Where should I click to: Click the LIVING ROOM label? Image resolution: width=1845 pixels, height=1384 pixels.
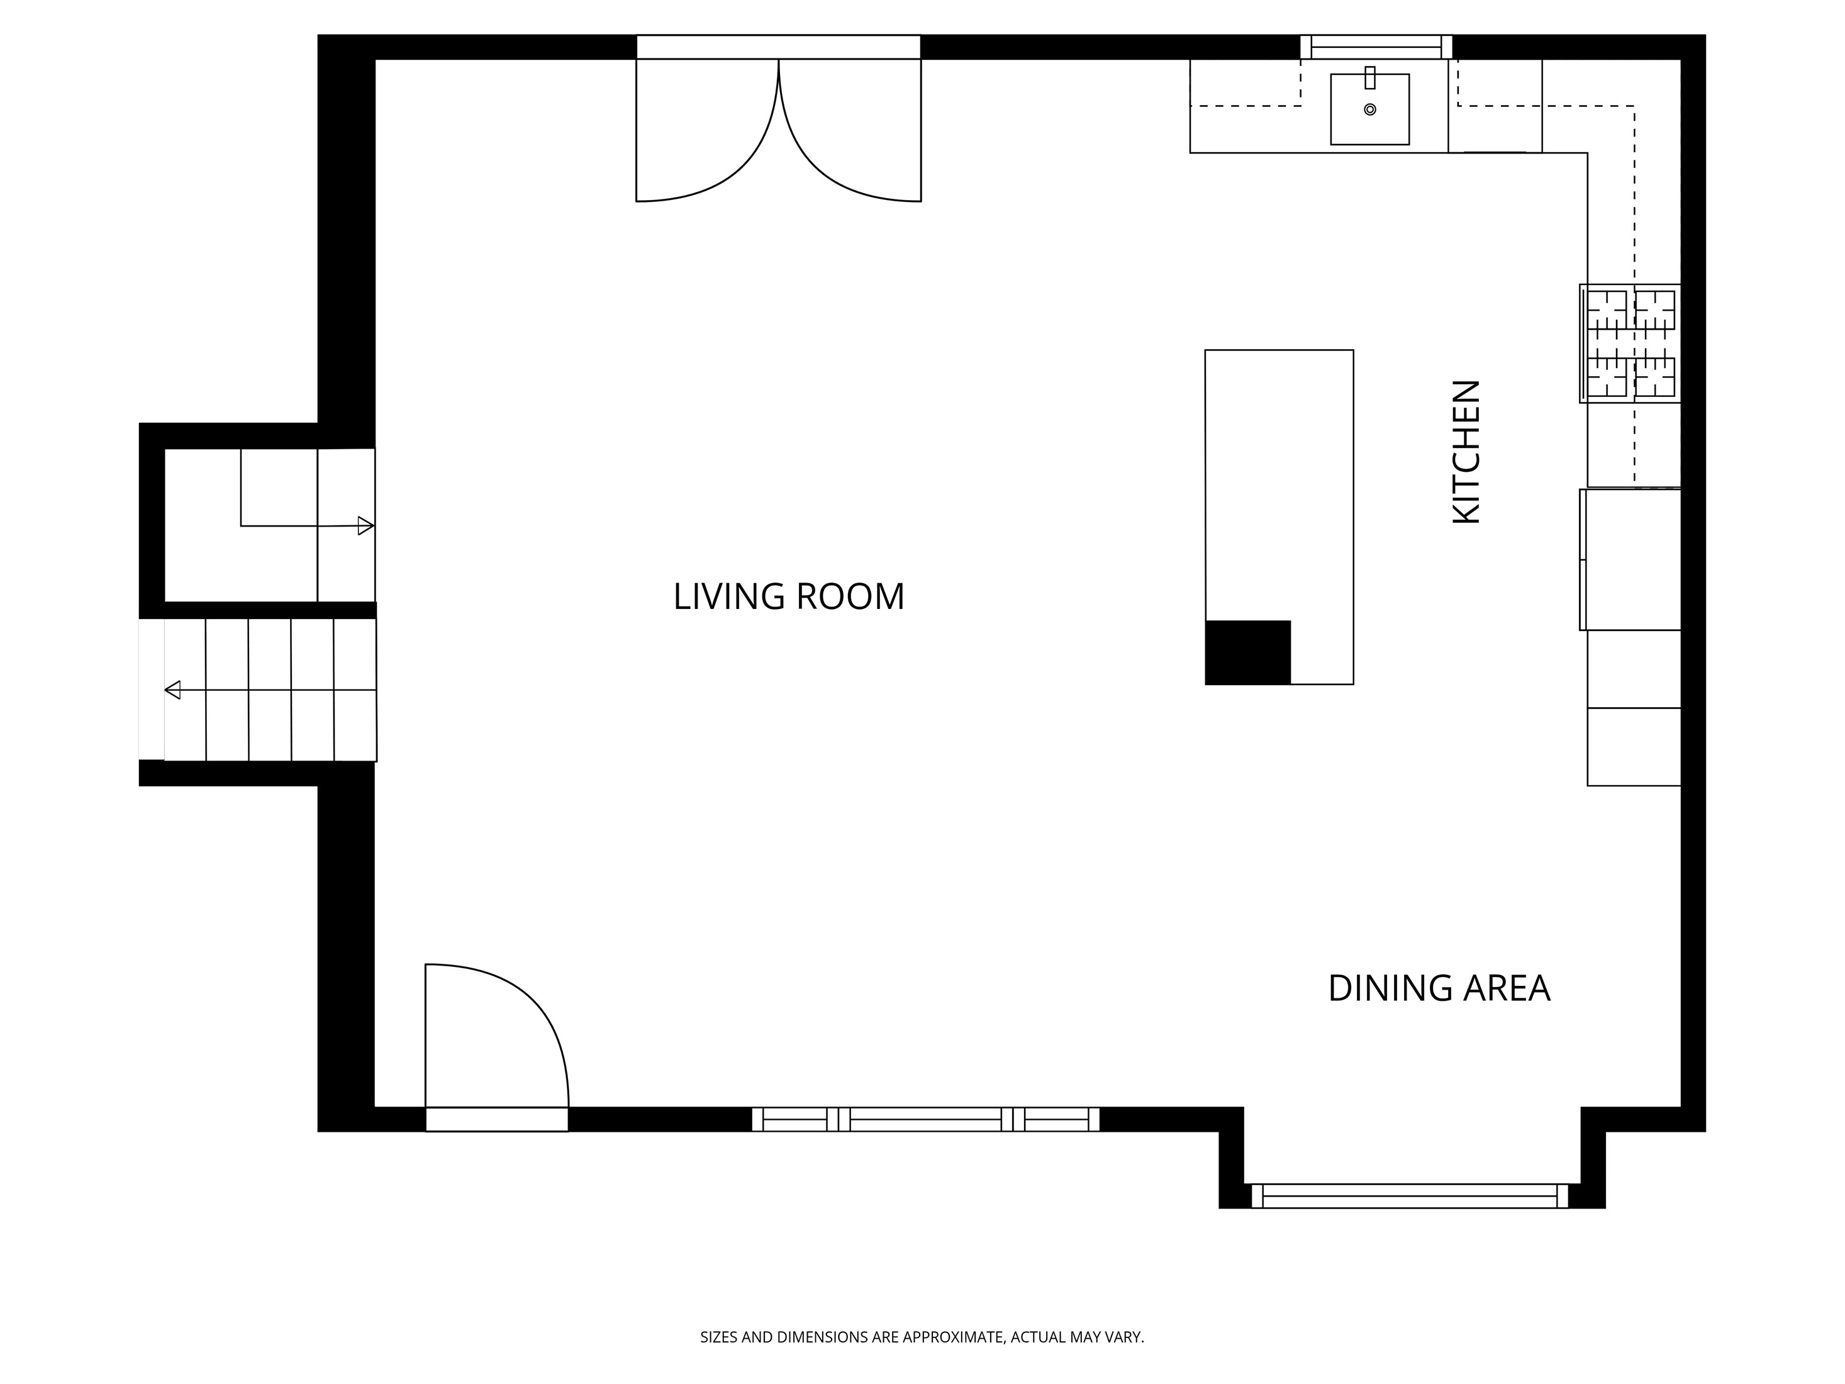click(x=788, y=596)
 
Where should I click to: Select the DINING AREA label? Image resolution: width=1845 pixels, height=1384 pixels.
click(x=1439, y=988)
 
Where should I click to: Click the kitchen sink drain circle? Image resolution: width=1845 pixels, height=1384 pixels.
click(x=1369, y=109)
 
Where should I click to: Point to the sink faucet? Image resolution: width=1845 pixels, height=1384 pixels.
click(x=1369, y=77)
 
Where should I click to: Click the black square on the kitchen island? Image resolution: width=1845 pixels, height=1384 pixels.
click(x=1248, y=652)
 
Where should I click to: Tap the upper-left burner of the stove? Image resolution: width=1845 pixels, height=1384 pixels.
click(x=1607, y=310)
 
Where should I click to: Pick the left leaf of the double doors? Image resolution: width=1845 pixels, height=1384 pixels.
click(x=707, y=133)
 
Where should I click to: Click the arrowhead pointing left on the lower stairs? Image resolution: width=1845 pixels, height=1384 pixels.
click(x=172, y=690)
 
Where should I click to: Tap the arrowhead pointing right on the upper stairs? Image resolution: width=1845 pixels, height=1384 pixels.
click(x=365, y=525)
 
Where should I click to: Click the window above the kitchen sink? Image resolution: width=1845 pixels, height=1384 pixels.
click(x=1376, y=47)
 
